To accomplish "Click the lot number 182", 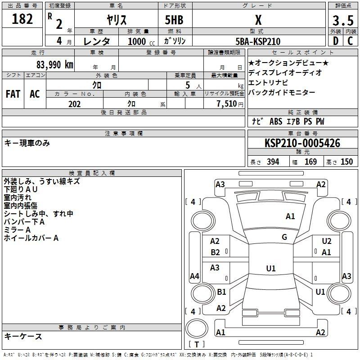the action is click(x=22, y=19).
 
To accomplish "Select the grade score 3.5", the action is click(x=343, y=20).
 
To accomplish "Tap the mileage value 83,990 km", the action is click(x=54, y=65).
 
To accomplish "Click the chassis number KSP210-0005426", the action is click(x=302, y=143).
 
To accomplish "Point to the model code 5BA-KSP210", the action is click(x=258, y=41).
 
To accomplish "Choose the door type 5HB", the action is click(x=174, y=20).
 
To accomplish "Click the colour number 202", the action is click(x=74, y=104).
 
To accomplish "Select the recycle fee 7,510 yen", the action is click(x=230, y=104).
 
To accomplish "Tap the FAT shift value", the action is click(x=13, y=94).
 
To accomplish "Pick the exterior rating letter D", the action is click(x=336, y=41).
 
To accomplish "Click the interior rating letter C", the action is click(x=350, y=41).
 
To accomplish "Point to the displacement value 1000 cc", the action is click(x=141, y=41).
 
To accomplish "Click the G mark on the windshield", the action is click(x=284, y=237).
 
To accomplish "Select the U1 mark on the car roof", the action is click(x=271, y=268).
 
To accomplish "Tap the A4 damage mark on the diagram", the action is click(x=194, y=276).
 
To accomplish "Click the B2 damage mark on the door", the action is click(x=215, y=252).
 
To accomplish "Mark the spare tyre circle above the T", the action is click(x=197, y=328).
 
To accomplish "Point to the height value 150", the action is click(x=346, y=162).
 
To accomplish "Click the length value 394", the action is click(x=273, y=162).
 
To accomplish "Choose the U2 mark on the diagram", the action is click(x=327, y=241).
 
